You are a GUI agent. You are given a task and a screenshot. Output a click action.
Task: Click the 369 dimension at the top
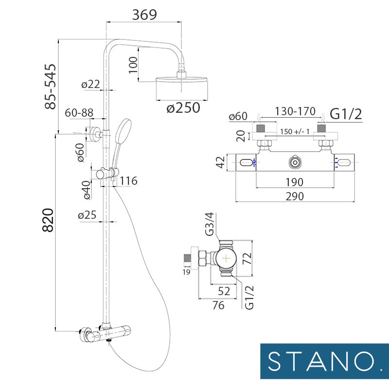click(x=144, y=15)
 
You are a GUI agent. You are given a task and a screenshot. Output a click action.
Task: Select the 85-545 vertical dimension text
click(x=50, y=86)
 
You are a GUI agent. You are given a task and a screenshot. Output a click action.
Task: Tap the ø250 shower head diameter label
click(x=183, y=107)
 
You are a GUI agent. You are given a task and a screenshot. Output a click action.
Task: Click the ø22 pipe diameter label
click(x=91, y=84)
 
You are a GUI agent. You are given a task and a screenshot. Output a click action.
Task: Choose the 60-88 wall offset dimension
click(x=79, y=112)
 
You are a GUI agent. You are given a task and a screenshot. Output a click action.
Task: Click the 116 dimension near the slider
click(x=128, y=181)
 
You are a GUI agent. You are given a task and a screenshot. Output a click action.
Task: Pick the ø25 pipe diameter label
click(x=88, y=215)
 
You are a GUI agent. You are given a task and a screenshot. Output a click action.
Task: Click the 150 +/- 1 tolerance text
click(x=297, y=132)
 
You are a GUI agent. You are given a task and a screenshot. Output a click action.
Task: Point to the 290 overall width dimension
click(x=295, y=196)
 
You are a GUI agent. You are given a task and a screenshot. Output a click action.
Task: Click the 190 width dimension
click(x=295, y=182)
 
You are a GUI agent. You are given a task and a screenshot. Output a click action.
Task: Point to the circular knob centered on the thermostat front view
click(x=295, y=162)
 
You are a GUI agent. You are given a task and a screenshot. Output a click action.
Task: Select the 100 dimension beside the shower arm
click(x=134, y=64)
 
